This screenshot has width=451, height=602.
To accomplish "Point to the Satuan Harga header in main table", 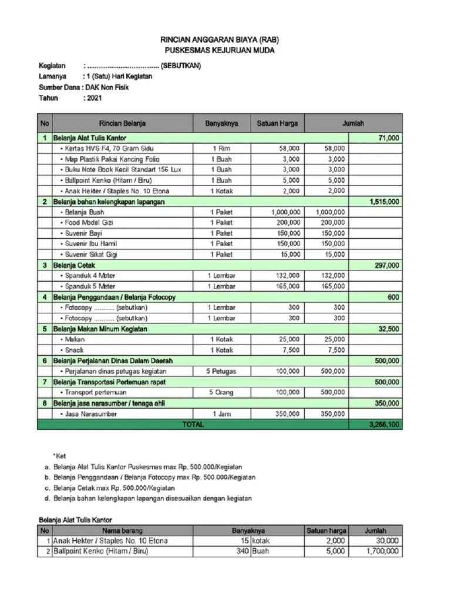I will tap(277, 123).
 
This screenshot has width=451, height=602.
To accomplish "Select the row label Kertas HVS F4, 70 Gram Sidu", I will tap(106, 149).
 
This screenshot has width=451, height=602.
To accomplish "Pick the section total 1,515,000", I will tap(385, 202).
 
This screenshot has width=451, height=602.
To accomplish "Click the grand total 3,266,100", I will tap(385, 424).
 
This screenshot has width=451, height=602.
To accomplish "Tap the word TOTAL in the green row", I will tap(193, 424).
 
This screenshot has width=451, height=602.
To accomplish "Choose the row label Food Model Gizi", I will tap(89, 223).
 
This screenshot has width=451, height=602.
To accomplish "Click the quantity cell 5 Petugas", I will tap(221, 371).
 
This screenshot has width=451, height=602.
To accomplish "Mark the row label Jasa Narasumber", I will tap(91, 414).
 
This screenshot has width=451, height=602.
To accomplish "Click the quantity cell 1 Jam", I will tap(221, 414).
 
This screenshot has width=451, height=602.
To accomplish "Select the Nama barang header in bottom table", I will tap(122, 530).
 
